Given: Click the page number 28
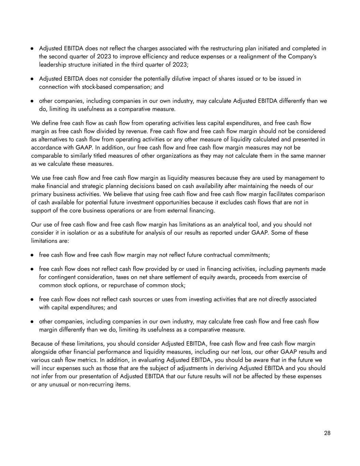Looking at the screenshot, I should pos(327,433).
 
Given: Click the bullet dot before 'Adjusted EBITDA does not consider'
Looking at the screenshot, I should pos(32,79).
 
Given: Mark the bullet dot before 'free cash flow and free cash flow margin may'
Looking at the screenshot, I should pos(32,255).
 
